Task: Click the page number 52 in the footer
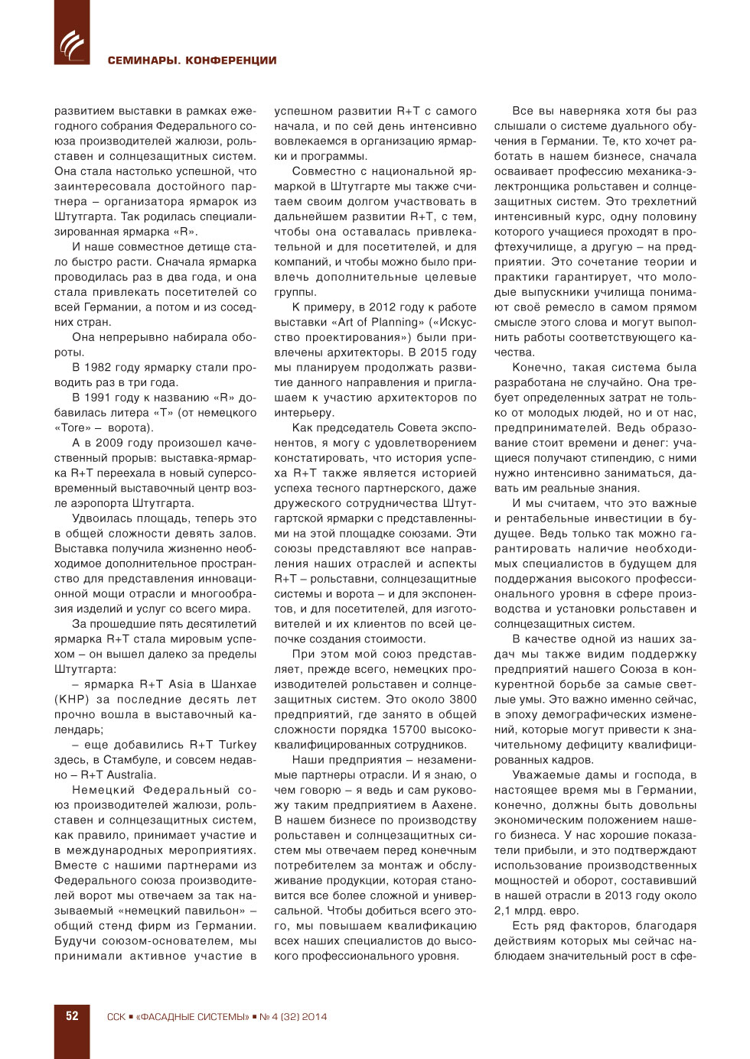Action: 72,1016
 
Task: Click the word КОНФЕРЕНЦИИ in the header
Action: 231,60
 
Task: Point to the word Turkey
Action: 237,745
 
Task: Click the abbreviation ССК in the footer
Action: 116,1017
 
